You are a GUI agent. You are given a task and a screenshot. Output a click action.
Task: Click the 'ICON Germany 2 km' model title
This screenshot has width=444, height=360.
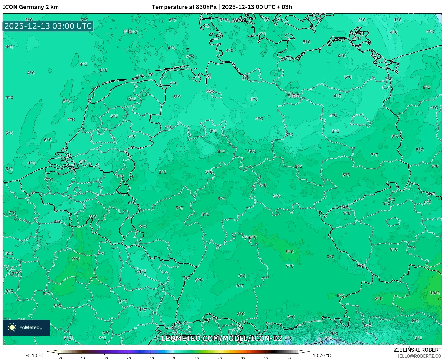click(31, 7)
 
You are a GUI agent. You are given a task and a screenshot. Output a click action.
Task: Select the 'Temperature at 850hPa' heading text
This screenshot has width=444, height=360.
click(184, 7)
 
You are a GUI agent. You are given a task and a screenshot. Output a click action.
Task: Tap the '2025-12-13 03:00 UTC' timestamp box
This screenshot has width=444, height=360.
click(48, 26)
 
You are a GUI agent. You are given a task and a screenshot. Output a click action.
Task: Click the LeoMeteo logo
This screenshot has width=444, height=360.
click(26, 327)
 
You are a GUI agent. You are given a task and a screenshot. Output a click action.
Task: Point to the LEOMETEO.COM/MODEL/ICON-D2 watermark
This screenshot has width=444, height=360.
click(222, 338)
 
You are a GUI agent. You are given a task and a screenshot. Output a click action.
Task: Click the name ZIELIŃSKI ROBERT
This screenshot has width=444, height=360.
click(418, 350)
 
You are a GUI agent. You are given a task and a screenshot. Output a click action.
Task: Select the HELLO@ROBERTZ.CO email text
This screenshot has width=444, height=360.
click(419, 356)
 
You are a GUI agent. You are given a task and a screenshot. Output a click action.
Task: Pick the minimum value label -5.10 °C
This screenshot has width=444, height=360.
click(34, 355)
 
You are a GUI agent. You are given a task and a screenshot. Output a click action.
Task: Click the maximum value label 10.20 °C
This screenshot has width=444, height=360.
click(322, 355)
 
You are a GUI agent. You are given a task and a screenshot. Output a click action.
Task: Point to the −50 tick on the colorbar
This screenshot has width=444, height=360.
click(58, 358)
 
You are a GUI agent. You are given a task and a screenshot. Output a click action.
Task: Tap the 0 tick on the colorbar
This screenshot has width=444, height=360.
click(174, 358)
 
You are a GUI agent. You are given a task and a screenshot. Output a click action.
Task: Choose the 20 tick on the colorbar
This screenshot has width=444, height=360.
click(220, 358)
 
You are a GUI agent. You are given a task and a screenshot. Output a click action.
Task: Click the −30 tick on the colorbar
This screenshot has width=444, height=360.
click(105, 358)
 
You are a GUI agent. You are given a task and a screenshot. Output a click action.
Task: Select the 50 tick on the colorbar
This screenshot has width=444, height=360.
click(289, 358)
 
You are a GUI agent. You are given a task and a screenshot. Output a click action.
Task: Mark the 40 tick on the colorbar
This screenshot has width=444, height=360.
click(266, 358)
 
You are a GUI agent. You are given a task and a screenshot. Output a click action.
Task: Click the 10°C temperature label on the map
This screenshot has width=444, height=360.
click(435, 293)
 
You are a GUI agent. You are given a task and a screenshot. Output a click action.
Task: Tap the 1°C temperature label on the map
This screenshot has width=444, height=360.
click(397, 20)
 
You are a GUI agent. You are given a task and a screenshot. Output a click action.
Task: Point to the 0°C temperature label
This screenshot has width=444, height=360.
click(367, 326)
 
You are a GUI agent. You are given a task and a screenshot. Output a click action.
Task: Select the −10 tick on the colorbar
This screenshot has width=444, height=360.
click(151, 358)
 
